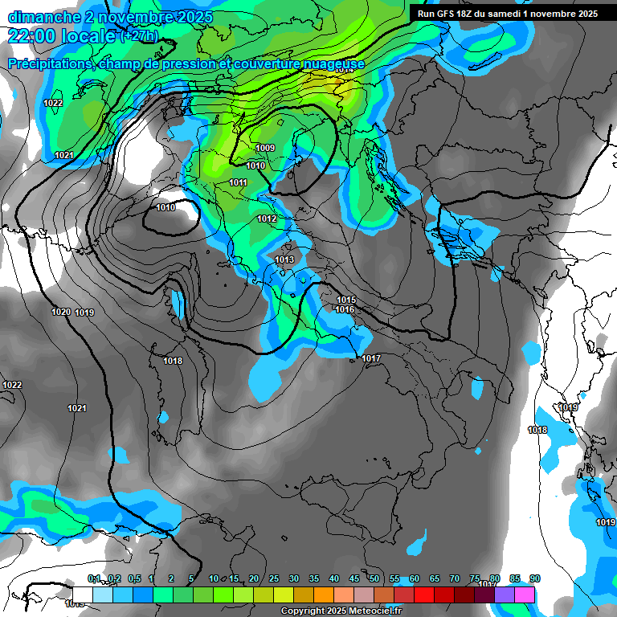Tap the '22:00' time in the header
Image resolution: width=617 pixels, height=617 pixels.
[31, 36]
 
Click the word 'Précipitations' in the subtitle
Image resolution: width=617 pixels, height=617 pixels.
[49, 63]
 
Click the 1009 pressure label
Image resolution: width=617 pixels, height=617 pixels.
[265, 148]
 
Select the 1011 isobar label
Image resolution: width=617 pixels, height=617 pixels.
[238, 183]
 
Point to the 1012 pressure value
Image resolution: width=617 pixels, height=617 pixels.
[267, 219]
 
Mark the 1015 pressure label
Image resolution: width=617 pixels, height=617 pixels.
[345, 300]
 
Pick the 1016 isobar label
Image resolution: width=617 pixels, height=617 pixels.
[345, 310]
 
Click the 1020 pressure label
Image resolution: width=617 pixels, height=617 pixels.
[61, 312]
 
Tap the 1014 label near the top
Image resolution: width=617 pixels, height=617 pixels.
[344, 71]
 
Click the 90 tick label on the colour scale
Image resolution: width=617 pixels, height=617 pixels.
[535, 579]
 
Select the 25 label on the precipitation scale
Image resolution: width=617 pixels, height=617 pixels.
[274, 579]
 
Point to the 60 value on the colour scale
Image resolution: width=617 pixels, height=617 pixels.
[415, 579]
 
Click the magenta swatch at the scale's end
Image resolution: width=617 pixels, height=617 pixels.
[525, 595]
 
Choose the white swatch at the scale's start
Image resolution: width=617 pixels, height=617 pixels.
[83, 595]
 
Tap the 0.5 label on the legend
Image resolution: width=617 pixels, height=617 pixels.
[133, 579]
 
